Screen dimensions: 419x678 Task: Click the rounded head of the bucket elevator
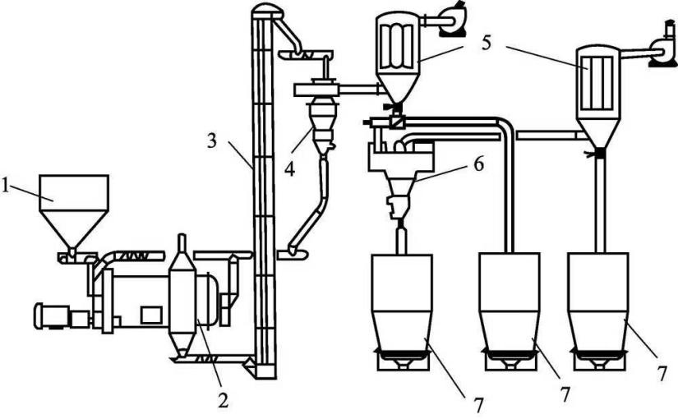click(x=266, y=11)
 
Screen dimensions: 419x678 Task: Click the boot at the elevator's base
click(x=265, y=368)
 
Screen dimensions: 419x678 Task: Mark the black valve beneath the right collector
click(x=600, y=152)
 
